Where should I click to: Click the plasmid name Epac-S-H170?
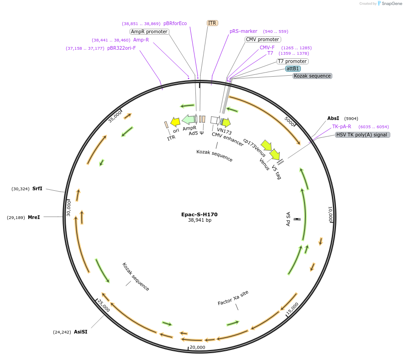[x=199, y=214]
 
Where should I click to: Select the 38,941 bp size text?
[x=199, y=220]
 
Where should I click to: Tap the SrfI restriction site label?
[x=37, y=188]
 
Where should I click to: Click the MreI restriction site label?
[x=34, y=217]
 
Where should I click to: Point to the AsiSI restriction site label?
[x=80, y=332]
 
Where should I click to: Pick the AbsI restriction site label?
[x=333, y=118]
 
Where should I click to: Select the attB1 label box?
[x=293, y=68]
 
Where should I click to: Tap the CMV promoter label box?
[x=262, y=39]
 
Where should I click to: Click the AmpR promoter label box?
[x=149, y=31]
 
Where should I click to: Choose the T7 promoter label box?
[x=293, y=61]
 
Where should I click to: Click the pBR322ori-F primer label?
[x=121, y=48]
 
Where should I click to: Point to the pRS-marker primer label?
[x=243, y=31]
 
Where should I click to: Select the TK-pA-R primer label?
[x=341, y=126]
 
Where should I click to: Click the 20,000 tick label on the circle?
[x=198, y=347]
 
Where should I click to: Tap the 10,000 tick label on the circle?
[x=331, y=214]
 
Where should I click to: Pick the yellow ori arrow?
[x=175, y=121]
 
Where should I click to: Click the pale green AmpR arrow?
[x=189, y=120]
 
